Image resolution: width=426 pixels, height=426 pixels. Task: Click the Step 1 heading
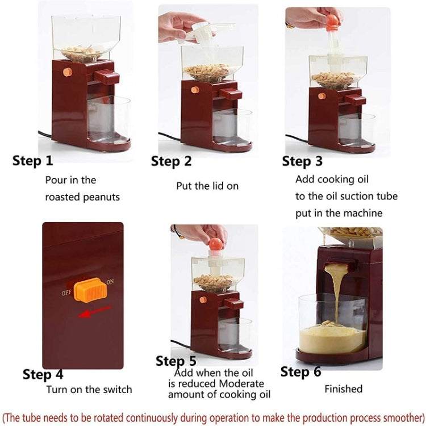(32, 161)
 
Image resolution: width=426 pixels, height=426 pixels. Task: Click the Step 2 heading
(171, 161)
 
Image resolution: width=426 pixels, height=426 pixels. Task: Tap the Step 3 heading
(302, 161)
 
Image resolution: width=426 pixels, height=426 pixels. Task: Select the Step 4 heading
(43, 374)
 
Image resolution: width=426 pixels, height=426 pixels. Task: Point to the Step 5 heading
(176, 361)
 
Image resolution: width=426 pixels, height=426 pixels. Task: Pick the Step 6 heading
(300, 372)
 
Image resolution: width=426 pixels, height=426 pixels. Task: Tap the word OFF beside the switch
(66, 294)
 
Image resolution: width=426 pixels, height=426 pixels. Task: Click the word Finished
(343, 389)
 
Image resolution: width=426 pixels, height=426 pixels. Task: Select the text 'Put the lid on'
(207, 186)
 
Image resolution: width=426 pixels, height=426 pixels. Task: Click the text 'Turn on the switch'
(89, 390)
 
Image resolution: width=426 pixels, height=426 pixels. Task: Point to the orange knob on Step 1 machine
(67, 72)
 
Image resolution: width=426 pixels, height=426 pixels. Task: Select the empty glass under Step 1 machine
(108, 119)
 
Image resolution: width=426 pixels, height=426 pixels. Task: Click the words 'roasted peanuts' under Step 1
(82, 198)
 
